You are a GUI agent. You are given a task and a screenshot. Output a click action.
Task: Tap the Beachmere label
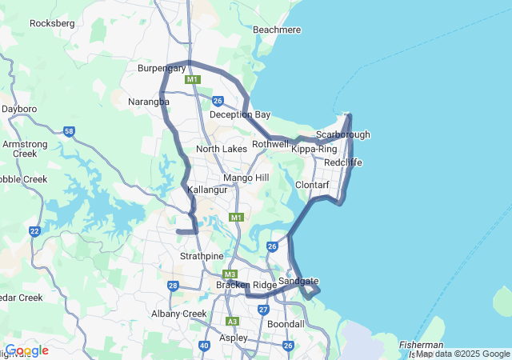point(276,30)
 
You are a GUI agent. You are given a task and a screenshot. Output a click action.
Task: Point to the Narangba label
point(149,102)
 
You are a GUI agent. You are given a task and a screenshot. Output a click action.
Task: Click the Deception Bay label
point(240,114)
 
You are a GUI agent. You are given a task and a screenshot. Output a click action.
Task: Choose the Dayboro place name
point(19,108)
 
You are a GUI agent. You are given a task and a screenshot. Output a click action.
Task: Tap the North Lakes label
point(222,149)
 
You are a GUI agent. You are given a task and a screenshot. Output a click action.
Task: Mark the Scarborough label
point(342,134)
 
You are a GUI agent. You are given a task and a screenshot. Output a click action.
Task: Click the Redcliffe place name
point(343,162)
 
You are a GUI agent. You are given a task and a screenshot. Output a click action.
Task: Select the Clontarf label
point(311,185)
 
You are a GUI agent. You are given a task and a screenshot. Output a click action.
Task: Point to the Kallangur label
point(207,190)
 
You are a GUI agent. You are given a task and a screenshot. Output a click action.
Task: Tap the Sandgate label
point(298,281)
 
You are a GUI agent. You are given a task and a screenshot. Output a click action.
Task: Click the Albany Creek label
point(183,314)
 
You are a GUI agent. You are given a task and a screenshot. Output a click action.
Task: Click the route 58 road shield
point(69,131)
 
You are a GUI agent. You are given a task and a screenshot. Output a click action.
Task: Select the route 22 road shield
point(34,231)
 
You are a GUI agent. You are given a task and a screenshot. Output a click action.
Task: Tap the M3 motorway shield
point(231,274)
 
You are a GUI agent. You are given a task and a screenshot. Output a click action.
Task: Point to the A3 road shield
point(232,322)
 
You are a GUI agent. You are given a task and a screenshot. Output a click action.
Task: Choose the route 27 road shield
point(263,310)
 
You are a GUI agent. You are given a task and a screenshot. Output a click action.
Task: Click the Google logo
point(26,350)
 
